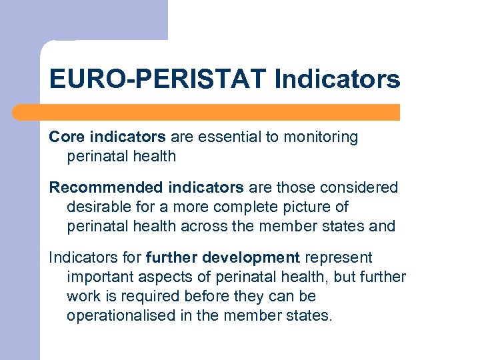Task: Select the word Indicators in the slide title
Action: pyautogui.click(x=337, y=79)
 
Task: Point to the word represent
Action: pyautogui.click(x=338, y=258)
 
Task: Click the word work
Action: pyautogui.click(x=82, y=296)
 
